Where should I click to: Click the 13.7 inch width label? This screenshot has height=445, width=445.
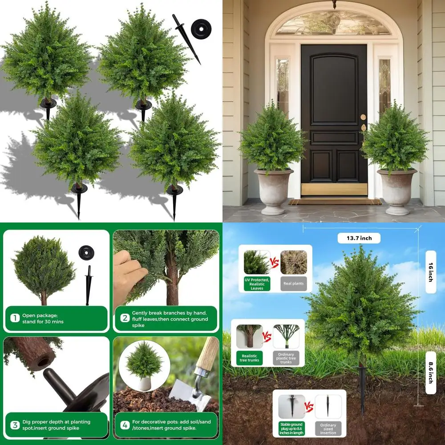pyautogui.click(x=359, y=238)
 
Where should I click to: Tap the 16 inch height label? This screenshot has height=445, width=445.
pyautogui.click(x=430, y=272)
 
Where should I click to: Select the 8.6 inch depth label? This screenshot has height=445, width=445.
pyautogui.click(x=430, y=373)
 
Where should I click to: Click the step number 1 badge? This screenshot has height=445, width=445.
pyautogui.click(x=15, y=318)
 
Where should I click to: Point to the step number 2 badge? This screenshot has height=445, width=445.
pyautogui.click(x=125, y=318)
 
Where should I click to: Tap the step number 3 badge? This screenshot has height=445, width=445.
pyautogui.click(x=15, y=425)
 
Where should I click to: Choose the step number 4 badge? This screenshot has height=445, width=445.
pyautogui.click(x=125, y=425)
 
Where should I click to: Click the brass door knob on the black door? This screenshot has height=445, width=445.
pyautogui.click(x=363, y=117)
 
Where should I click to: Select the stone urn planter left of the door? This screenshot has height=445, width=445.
pyautogui.click(x=274, y=189)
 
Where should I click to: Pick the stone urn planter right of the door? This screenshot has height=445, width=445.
pyautogui.click(x=396, y=189)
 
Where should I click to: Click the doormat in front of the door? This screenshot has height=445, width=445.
pyautogui.click(x=335, y=202)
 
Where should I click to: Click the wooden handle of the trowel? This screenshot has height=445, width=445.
pyautogui.click(x=207, y=354)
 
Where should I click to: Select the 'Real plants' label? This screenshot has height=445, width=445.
pyautogui.click(x=293, y=283)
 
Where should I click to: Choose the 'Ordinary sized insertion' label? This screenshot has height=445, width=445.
pyautogui.click(x=328, y=429)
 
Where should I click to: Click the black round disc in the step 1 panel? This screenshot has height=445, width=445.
pyautogui.click(x=86, y=253)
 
